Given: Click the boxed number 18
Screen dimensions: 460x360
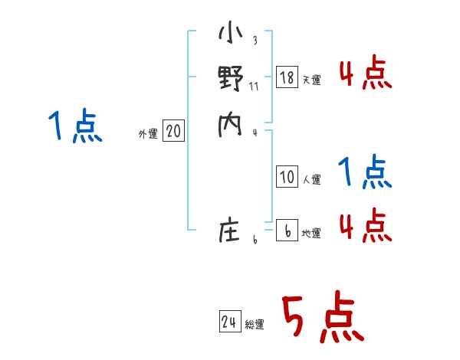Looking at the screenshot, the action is click(x=287, y=77).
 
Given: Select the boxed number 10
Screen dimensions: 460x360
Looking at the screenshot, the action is click(x=287, y=177).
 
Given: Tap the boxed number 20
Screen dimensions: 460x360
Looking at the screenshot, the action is click(x=173, y=132).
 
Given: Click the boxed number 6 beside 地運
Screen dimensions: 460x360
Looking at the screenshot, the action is click(x=287, y=231).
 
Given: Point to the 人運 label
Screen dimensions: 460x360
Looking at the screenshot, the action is click(x=312, y=180).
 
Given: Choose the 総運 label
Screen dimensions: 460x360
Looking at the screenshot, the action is click(x=255, y=326).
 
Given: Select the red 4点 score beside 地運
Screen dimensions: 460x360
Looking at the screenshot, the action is click(x=365, y=224).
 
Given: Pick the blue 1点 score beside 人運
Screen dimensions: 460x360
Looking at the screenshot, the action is click(x=365, y=173).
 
